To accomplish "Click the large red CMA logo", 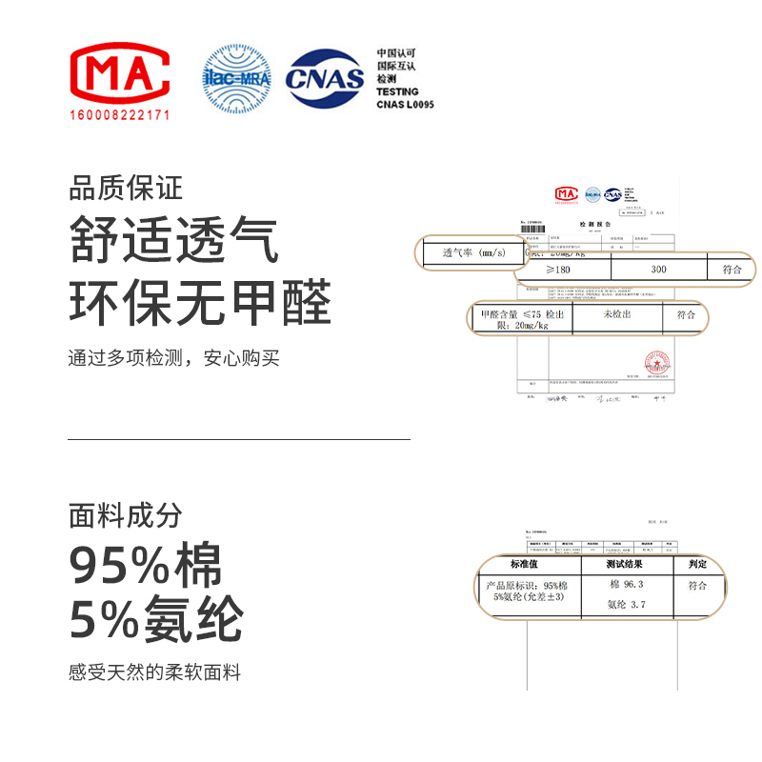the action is (120, 73).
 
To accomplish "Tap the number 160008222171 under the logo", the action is (120, 114).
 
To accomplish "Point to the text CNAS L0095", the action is (405, 105).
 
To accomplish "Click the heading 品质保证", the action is (125, 188).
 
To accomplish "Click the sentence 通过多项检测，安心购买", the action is (174, 359).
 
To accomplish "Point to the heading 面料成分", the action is (125, 515).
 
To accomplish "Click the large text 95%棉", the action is (146, 567).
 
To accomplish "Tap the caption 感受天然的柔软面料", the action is (155, 672).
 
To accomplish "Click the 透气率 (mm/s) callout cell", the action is (473, 253).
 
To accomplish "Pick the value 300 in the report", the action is (658, 270).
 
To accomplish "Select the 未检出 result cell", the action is (618, 314).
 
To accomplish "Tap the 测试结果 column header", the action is (628, 564).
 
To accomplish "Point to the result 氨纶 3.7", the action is (627, 604).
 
